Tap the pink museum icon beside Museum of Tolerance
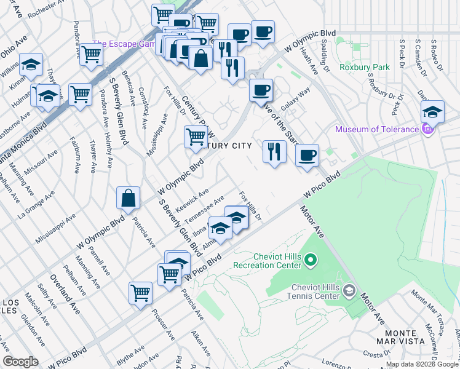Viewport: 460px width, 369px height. [429, 129]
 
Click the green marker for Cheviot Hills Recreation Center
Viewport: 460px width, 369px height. [311, 261]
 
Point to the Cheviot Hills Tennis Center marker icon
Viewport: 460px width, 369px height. [349, 290]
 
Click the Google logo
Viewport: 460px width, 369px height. [20, 362]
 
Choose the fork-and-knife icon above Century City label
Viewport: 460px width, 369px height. [274, 151]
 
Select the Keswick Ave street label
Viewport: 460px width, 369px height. [192, 198]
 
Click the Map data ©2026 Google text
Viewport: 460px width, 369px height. [422, 364]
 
